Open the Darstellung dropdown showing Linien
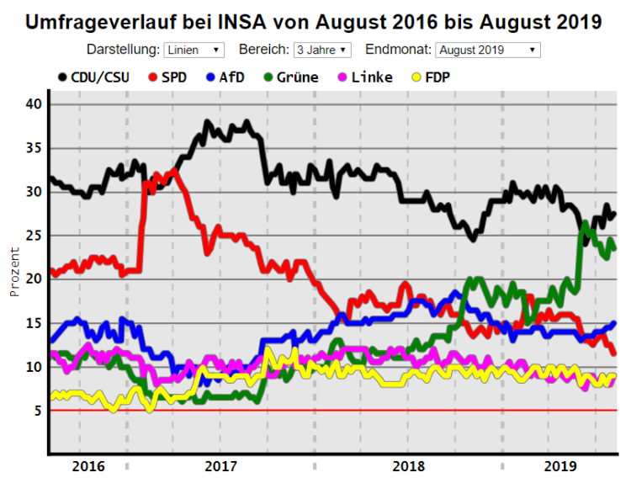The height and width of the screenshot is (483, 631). (194, 50)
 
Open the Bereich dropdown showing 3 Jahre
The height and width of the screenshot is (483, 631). (321, 50)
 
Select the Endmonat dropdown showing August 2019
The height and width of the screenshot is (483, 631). (487, 50)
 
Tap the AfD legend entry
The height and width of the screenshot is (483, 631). (225, 77)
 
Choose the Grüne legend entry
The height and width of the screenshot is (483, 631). (289, 77)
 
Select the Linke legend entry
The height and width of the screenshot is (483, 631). (363, 77)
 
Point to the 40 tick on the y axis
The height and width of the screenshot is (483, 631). (33, 104)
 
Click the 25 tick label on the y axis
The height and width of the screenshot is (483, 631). (33, 236)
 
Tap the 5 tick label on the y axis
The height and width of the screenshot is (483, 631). (37, 411)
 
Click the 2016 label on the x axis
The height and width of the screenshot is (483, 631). (88, 465)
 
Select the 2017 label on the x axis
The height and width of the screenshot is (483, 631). (220, 465)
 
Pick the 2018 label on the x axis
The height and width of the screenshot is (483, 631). (409, 465)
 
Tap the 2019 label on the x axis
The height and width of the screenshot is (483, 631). (559, 465)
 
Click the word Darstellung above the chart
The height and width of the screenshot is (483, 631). (123, 50)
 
